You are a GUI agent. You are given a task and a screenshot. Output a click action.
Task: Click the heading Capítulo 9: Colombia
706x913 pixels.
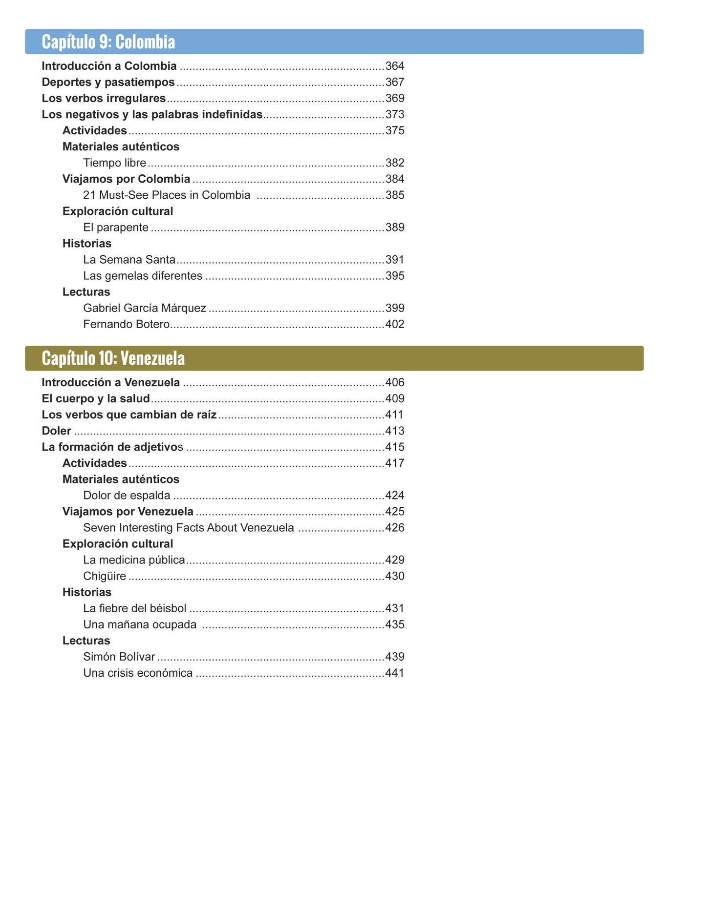click(x=108, y=42)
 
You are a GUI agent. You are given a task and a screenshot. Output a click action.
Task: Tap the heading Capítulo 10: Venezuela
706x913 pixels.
click(x=113, y=358)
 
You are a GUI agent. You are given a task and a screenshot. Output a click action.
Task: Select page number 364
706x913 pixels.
click(x=395, y=66)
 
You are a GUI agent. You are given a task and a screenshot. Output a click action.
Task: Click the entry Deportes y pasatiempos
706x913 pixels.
click(x=108, y=82)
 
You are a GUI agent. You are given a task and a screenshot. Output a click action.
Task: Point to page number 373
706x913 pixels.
click(x=395, y=115)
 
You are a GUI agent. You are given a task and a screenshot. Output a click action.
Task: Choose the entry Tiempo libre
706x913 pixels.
click(x=114, y=163)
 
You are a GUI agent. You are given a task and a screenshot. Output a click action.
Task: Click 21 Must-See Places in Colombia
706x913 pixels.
click(x=167, y=195)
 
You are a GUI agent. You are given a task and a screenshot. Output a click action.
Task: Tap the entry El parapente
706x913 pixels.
click(x=116, y=228)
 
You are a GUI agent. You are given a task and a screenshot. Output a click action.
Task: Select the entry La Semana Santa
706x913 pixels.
click(x=129, y=260)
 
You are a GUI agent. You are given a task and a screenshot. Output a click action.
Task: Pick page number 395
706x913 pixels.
click(x=395, y=276)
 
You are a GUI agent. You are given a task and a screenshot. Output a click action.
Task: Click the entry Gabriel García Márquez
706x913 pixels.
click(x=145, y=308)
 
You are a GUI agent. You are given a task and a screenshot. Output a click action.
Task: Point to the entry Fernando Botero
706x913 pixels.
click(x=126, y=324)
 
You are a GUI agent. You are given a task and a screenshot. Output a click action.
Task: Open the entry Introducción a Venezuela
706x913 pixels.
click(x=111, y=382)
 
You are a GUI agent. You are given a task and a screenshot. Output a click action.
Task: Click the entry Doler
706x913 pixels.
click(x=57, y=431)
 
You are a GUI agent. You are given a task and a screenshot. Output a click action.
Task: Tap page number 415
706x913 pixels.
click(x=395, y=447)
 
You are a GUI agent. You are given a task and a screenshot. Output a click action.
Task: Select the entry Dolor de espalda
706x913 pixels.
click(x=127, y=496)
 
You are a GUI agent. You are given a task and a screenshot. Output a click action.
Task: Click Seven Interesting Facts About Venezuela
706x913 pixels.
click(x=189, y=528)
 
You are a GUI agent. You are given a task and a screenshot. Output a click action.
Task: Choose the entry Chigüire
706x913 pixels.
click(x=105, y=576)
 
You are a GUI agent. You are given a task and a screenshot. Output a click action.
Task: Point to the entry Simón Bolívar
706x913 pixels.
click(x=119, y=657)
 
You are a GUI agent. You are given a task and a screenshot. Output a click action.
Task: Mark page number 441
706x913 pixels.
click(x=395, y=673)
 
